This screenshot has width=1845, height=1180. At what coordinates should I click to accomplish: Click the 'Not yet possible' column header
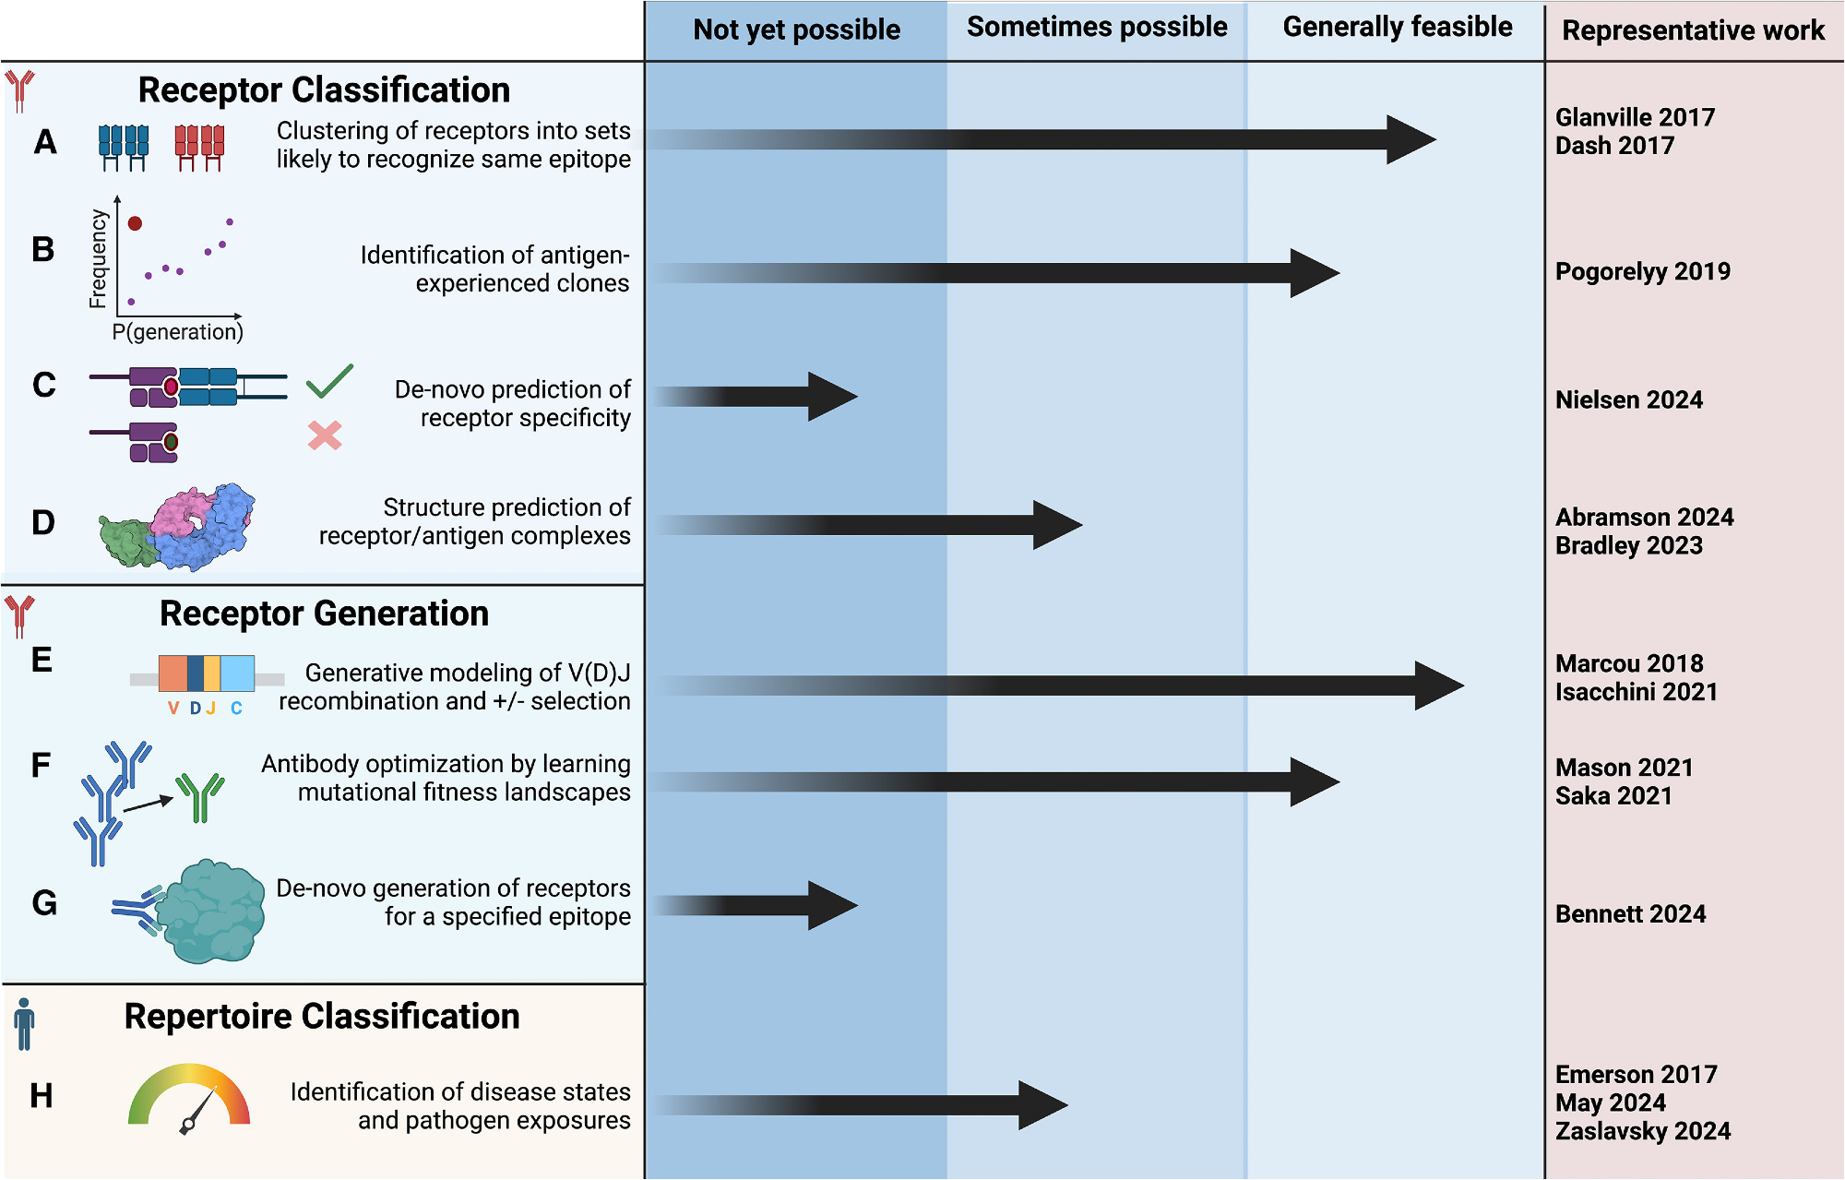[796, 30]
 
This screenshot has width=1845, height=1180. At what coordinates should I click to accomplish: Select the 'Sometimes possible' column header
[1097, 28]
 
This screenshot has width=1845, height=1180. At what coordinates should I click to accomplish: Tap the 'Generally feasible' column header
[1397, 28]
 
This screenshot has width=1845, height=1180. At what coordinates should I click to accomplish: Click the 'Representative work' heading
[1693, 30]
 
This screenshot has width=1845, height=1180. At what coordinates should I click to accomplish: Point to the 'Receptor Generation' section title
[324, 614]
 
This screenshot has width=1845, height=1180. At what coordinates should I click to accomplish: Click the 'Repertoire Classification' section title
[322, 1016]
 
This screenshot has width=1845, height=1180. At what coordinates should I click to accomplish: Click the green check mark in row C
[328, 381]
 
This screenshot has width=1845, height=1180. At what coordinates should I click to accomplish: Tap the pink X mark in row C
[325, 435]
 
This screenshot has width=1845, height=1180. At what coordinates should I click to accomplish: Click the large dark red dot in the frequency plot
[135, 223]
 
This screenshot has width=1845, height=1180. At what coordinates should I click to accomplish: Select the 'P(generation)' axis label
[178, 332]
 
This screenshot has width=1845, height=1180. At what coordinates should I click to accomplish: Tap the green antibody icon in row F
[200, 796]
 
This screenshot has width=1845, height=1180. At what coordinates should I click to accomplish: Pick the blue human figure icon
[24, 1024]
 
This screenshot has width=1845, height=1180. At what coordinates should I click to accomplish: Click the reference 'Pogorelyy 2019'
[1642, 271]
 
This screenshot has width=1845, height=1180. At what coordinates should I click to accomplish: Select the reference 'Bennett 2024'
[1630, 913]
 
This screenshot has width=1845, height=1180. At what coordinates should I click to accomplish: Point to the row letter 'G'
[44, 902]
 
